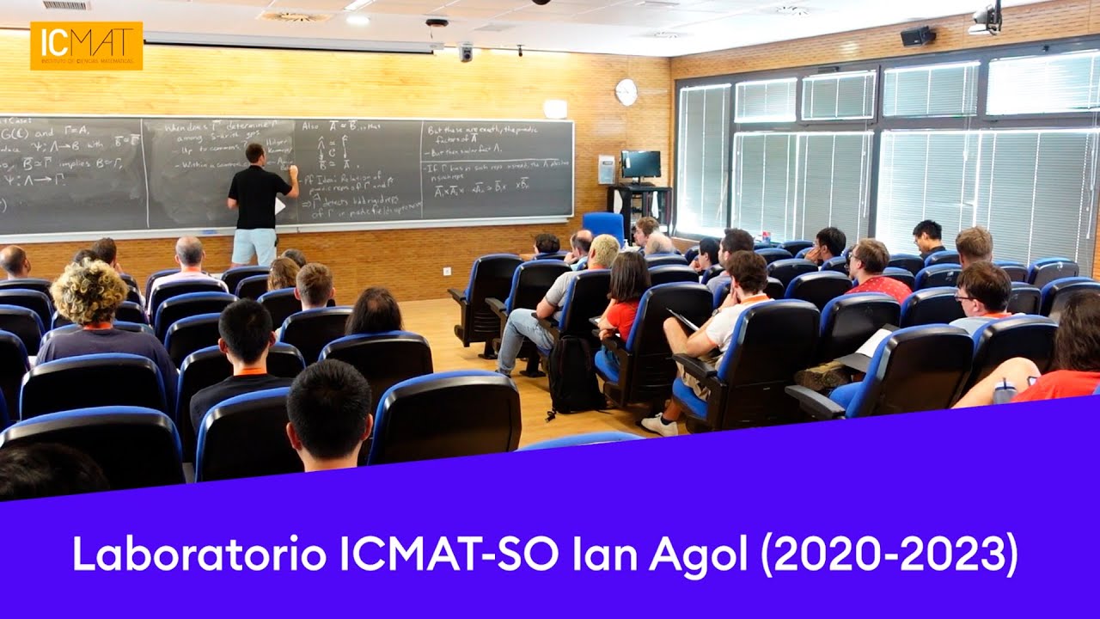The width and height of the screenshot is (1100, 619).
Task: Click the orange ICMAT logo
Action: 86,46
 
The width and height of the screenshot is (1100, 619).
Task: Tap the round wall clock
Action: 626,92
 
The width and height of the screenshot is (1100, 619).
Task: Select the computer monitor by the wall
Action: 640,164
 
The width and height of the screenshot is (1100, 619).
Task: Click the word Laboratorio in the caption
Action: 199,555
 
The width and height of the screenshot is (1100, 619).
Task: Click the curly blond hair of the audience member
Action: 89,292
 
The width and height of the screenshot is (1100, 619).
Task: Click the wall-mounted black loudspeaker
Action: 916,36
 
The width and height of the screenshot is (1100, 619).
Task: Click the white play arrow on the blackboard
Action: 279,205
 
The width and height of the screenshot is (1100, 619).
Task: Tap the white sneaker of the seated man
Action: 660,424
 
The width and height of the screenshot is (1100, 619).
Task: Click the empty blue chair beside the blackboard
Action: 604,226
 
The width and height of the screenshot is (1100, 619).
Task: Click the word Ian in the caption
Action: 605,555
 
